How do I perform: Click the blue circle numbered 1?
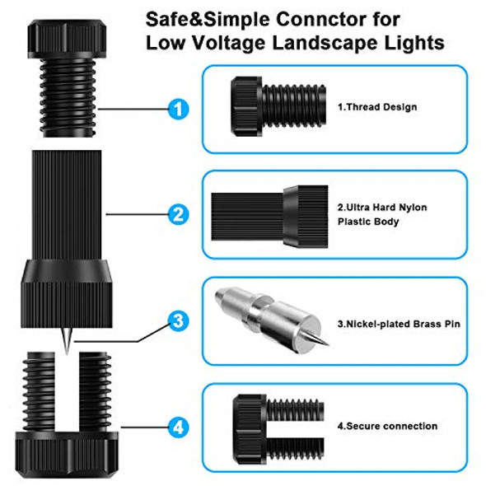[178, 108]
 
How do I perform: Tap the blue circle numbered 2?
[178, 215]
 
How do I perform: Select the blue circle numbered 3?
[178, 321]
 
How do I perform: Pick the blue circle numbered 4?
[178, 428]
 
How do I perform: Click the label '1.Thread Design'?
[376, 107]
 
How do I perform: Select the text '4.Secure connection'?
[387, 426]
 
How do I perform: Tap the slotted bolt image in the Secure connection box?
[274, 423]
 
